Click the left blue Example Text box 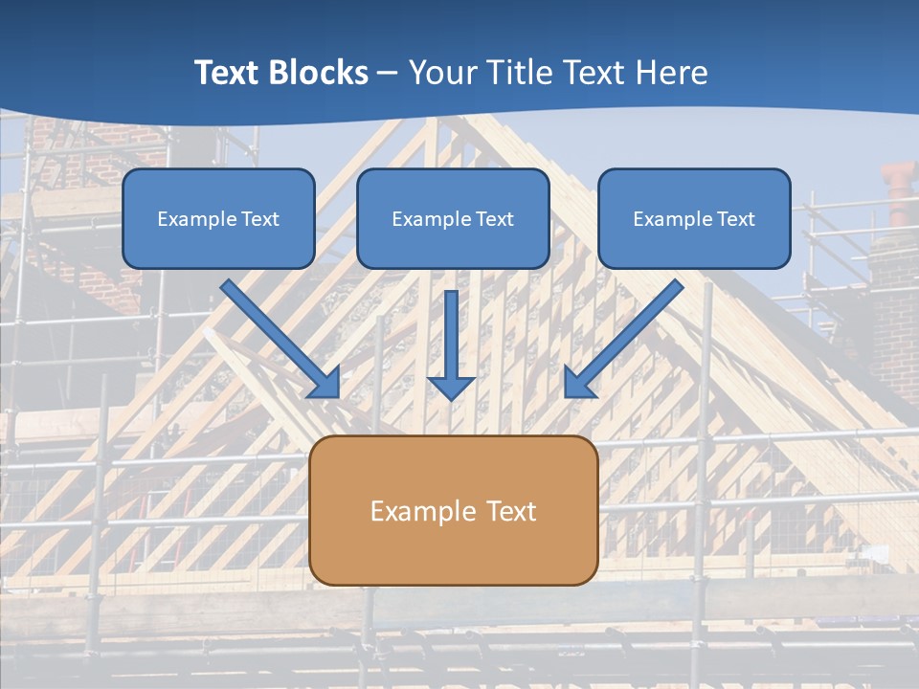pyautogui.click(x=218, y=218)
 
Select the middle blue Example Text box pyautogui.click(x=453, y=218)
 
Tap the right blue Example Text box pyautogui.click(x=694, y=218)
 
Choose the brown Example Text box pyautogui.click(x=453, y=510)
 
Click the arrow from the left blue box pyautogui.click(x=278, y=336)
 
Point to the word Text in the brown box pyautogui.click(x=511, y=511)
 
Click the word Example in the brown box pyautogui.click(x=423, y=511)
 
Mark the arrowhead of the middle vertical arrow pyautogui.click(x=452, y=387)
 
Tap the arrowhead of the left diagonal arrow pyautogui.click(x=325, y=383)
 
